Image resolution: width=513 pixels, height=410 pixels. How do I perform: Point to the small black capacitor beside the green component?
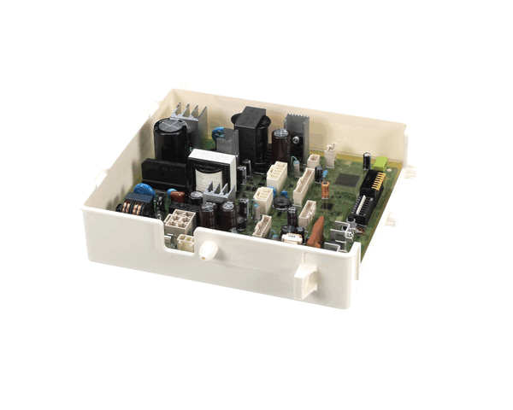click(x=366, y=160)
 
